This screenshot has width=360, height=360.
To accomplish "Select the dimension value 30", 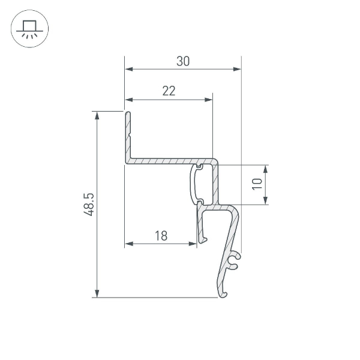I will [184, 61].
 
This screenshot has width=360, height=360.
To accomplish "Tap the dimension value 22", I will [169, 91].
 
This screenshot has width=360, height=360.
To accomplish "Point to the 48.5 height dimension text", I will [88, 204].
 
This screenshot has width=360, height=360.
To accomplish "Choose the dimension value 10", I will [257, 184].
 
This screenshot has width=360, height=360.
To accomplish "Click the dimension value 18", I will [160, 236].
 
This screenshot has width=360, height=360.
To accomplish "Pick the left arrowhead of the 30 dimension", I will [128, 70].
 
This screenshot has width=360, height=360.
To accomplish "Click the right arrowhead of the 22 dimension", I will [209, 100].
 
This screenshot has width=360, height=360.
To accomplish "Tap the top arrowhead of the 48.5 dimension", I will [96, 115].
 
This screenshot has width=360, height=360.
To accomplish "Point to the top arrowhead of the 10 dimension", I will [266, 168].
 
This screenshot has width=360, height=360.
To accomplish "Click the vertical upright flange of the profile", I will [128, 135].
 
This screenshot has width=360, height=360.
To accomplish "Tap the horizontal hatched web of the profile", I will [162, 161].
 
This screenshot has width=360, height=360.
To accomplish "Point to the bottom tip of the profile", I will [224, 294].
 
